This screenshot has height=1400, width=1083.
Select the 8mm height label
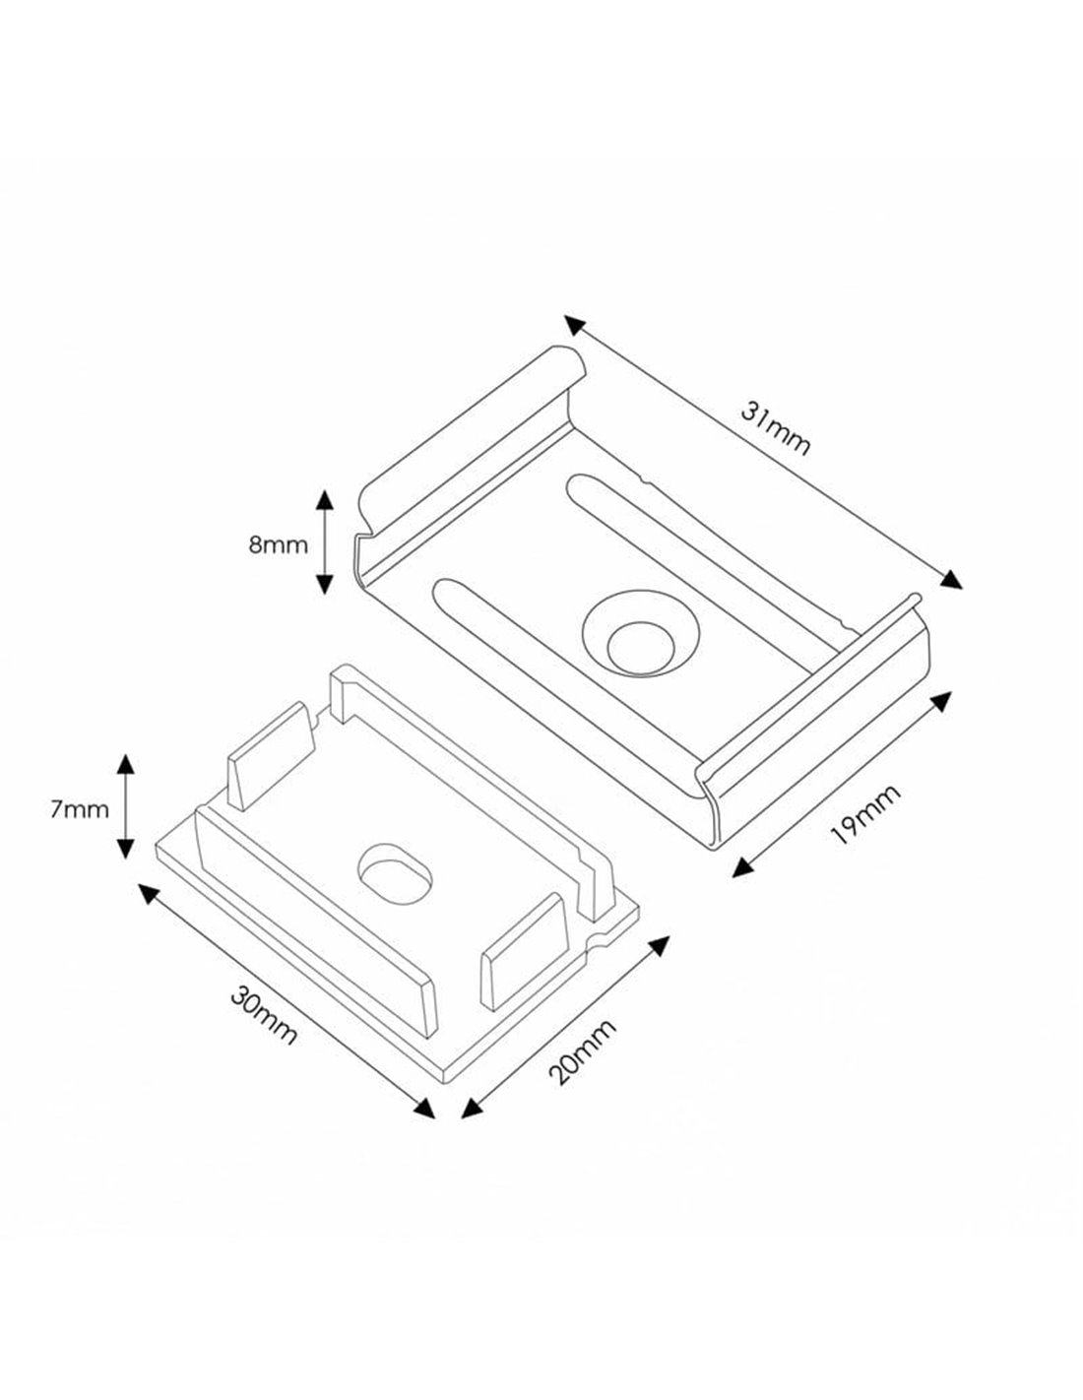279,545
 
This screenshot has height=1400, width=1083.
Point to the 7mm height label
79,810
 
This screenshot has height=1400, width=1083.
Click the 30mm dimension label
264,1017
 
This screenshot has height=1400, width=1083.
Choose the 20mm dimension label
582,1051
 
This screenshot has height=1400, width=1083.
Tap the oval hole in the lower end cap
394,873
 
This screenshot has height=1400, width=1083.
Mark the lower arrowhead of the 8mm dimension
324,585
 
